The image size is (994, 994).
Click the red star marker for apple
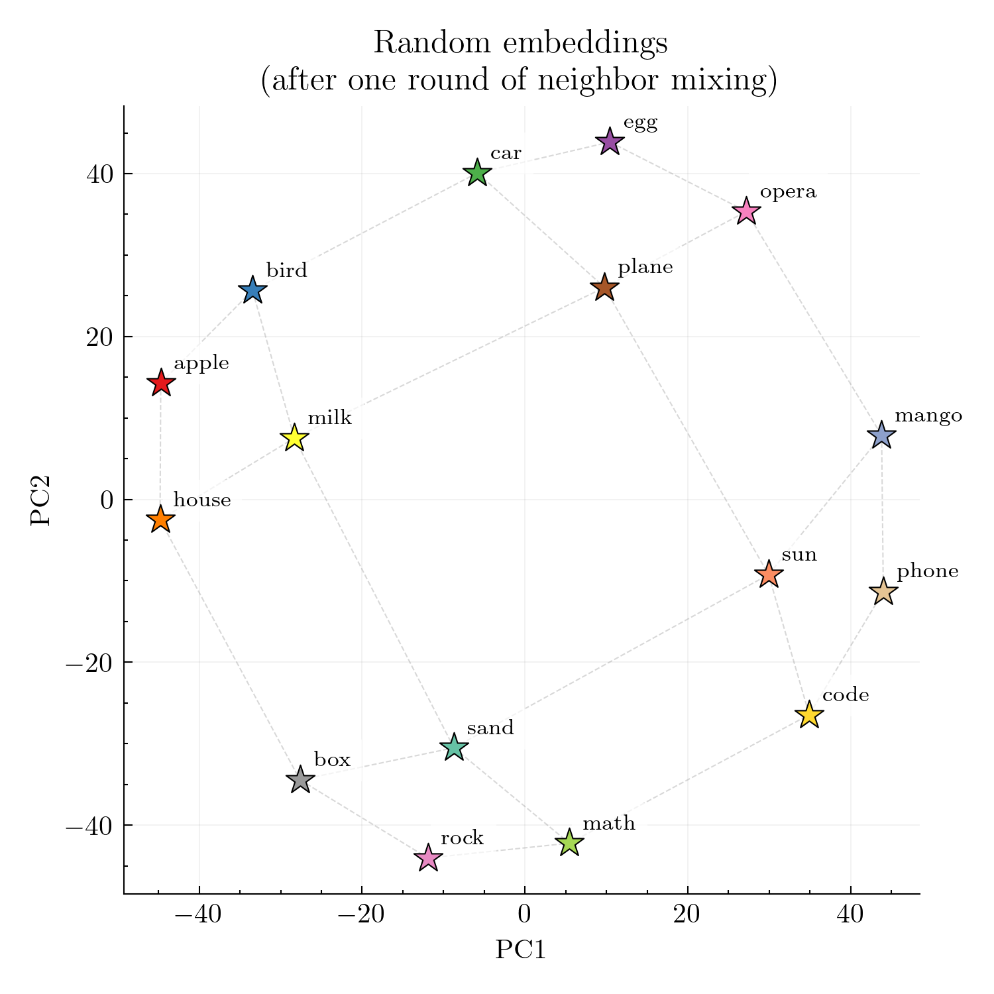(x=160, y=383)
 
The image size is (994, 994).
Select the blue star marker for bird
(x=252, y=290)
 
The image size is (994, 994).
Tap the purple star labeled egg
(x=610, y=142)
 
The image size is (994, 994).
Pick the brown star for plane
(x=604, y=288)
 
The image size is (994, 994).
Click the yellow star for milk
(x=294, y=438)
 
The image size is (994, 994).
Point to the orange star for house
(x=160, y=520)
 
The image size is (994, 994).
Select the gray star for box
(x=300, y=780)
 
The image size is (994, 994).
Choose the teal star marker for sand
(x=454, y=747)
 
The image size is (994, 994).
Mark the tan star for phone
(x=883, y=591)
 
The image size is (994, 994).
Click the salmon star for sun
(x=769, y=574)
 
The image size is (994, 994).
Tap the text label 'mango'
(x=928, y=416)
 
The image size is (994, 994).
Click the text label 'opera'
(x=788, y=192)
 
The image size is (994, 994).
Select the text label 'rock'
(x=462, y=838)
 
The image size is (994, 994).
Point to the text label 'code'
(x=846, y=694)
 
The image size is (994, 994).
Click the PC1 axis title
(x=521, y=950)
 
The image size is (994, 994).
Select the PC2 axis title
(x=41, y=500)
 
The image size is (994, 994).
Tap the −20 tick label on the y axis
(x=89, y=663)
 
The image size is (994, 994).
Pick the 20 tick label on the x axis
(x=687, y=915)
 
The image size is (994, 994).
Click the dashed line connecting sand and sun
(x=611, y=661)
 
